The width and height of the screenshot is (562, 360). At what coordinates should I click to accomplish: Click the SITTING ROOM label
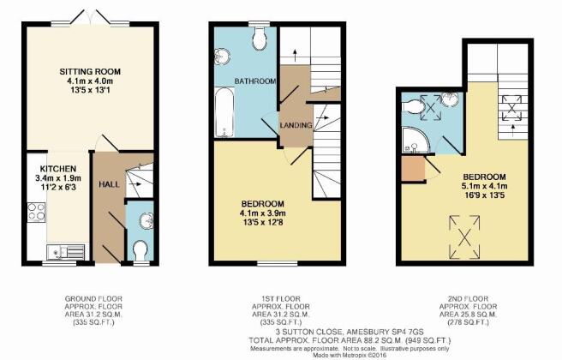click(x=90, y=71)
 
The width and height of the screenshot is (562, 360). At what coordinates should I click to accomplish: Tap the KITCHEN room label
click(x=58, y=169)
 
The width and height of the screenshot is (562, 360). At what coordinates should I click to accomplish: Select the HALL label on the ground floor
click(x=110, y=184)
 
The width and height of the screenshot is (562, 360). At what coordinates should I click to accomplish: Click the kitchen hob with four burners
click(x=37, y=212)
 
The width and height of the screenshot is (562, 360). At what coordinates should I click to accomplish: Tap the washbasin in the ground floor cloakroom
click(x=146, y=220)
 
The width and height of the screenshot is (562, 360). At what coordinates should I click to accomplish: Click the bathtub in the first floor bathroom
click(x=224, y=112)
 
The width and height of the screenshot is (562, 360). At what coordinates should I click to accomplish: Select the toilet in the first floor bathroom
click(x=259, y=39)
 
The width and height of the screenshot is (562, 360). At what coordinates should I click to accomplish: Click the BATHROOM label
click(x=255, y=81)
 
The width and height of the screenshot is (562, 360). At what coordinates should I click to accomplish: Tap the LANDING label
click(x=296, y=125)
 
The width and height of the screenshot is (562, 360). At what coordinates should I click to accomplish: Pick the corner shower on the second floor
click(x=415, y=140)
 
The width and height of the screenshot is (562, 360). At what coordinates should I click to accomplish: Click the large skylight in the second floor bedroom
click(x=464, y=237)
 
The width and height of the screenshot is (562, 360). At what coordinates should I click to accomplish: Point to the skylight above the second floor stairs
click(x=511, y=108)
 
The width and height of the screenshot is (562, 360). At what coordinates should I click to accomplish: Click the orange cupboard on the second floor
click(x=413, y=169)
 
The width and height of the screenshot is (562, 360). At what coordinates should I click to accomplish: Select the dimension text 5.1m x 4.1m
click(x=484, y=186)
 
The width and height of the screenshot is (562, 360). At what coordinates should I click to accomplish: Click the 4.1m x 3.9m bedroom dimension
click(x=263, y=213)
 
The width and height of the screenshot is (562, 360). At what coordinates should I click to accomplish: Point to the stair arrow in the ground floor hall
click(x=135, y=184)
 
